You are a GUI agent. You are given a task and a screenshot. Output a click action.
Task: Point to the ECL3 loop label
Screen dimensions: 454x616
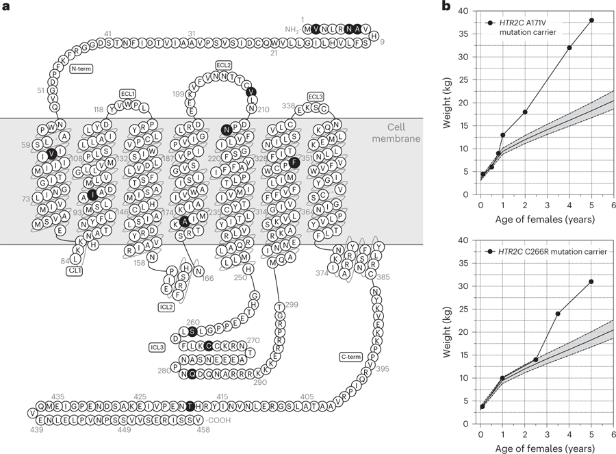[x=316, y=97]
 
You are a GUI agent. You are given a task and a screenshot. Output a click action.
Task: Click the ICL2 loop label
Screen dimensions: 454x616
[x=166, y=307]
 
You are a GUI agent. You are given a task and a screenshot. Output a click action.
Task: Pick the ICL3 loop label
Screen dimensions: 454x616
[x=157, y=347]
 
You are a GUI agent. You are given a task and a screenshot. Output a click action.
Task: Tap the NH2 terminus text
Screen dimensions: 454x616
[x=292, y=29]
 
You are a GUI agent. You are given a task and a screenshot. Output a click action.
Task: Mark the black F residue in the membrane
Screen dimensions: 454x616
[x=294, y=162]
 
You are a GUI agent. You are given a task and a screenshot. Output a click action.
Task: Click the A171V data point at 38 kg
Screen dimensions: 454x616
[x=591, y=20]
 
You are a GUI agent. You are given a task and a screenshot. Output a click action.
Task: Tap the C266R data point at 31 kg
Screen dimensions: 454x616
[x=591, y=281]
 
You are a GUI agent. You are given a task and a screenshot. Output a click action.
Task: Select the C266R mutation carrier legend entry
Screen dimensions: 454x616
[x=548, y=252]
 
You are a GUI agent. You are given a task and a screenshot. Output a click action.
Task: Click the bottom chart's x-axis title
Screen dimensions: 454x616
[x=546, y=449]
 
